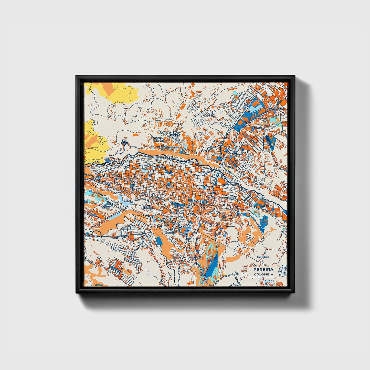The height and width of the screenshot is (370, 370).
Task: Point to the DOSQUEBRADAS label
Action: [276, 109]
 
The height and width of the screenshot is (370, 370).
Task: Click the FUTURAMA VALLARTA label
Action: [157, 139]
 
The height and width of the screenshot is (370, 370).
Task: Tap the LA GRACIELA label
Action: [175, 135]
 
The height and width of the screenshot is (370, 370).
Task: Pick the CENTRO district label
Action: [170, 187]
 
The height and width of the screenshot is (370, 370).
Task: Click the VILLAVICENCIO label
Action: [227, 198]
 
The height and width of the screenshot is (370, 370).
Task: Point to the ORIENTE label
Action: [264, 205]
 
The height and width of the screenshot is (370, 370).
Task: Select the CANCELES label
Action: [263, 257]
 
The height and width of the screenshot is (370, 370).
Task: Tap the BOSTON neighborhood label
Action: [170, 233]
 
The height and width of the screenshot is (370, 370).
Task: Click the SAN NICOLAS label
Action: [148, 206]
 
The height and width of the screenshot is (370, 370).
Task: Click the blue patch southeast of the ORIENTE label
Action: [263, 221]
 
